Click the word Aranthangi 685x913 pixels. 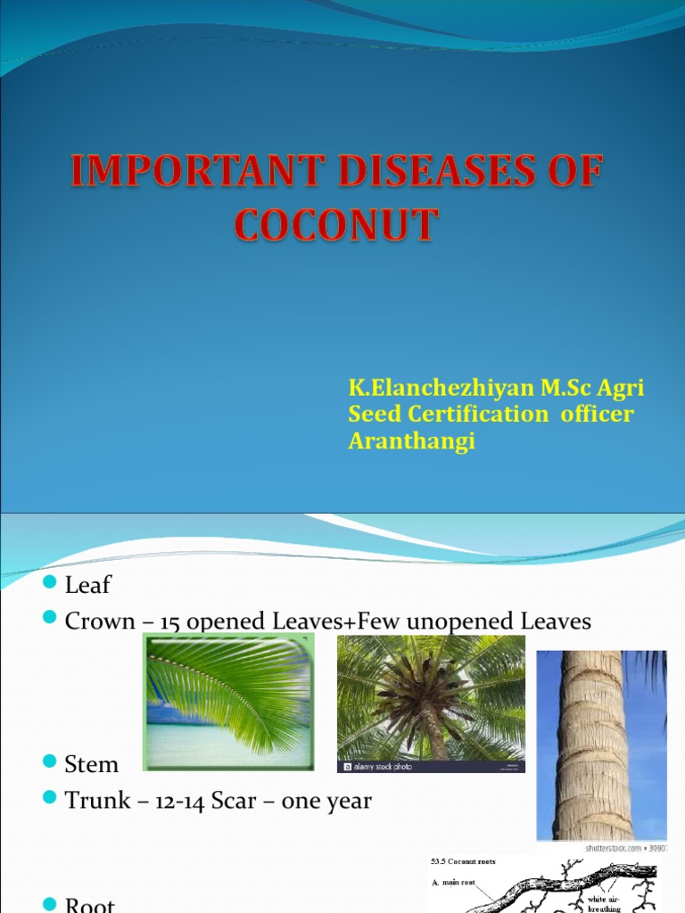[x=411, y=441]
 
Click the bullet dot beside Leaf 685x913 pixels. [x=50, y=583]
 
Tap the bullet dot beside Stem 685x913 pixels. [x=50, y=762]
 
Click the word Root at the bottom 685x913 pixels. [x=90, y=904]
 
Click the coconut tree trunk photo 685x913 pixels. [x=601, y=744]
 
